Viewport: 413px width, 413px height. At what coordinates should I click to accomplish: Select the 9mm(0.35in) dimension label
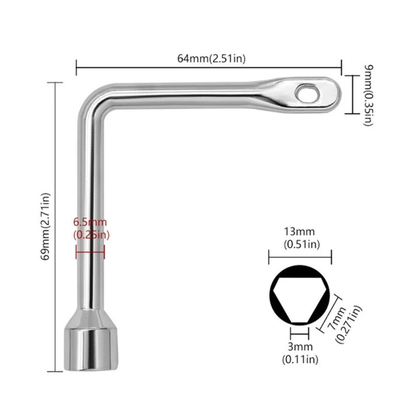coord(365,94)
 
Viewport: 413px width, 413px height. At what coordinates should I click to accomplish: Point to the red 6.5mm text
coord(90,223)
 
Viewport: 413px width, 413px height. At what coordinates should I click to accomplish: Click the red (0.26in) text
coord(90,235)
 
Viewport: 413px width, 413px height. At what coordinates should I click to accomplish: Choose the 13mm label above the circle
coord(299,232)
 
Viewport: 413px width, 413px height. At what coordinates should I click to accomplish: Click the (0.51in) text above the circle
coord(299,244)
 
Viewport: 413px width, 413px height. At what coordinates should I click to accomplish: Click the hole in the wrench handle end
coord(306,92)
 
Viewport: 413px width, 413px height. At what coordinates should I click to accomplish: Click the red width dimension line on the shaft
coord(90,252)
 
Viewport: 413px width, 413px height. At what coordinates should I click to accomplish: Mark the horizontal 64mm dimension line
coord(209,67)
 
